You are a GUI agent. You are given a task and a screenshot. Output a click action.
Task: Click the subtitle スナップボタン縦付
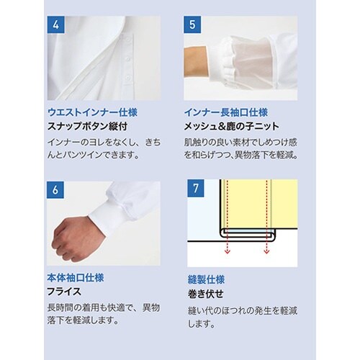coord(86,126)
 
